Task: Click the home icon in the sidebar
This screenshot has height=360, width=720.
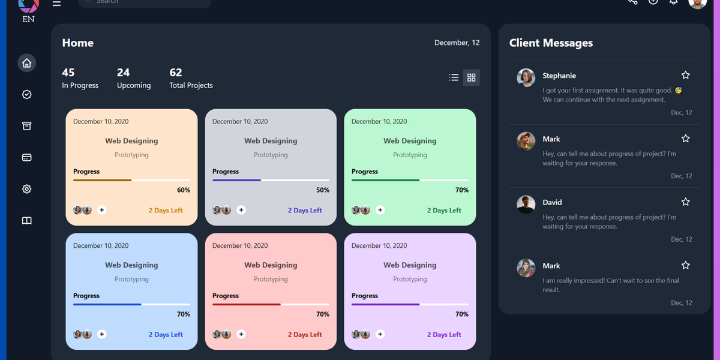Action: pyautogui.click(x=26, y=63)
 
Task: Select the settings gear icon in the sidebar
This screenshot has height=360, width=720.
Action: pyautogui.click(x=26, y=189)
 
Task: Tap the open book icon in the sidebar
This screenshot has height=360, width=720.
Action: pyautogui.click(x=26, y=221)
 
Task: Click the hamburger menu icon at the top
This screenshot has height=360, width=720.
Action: pyautogui.click(x=56, y=3)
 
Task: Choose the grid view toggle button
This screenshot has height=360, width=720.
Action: pyautogui.click(x=471, y=77)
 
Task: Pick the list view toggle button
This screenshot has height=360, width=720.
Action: pyautogui.click(x=454, y=77)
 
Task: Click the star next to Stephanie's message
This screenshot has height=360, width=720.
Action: pyautogui.click(x=686, y=75)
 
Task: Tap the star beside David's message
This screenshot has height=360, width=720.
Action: pyautogui.click(x=686, y=202)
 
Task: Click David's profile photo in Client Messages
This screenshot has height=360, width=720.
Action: pyautogui.click(x=526, y=204)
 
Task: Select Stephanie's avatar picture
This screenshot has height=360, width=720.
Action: pyautogui.click(x=526, y=77)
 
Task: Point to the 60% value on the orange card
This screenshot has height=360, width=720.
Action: pyautogui.click(x=184, y=190)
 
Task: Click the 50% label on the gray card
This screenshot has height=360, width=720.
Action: pyautogui.click(x=323, y=190)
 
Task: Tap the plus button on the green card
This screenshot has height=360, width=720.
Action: pyautogui.click(x=380, y=210)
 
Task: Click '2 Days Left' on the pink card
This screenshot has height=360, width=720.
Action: pyautogui.click(x=305, y=335)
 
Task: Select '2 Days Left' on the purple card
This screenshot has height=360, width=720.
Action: pyautogui.click(x=444, y=335)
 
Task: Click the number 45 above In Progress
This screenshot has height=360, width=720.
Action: pyautogui.click(x=68, y=73)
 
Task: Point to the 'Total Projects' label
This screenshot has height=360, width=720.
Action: pyautogui.click(x=191, y=86)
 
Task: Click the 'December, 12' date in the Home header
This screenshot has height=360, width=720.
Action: pyautogui.click(x=457, y=43)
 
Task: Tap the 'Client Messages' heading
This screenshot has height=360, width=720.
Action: pyautogui.click(x=551, y=43)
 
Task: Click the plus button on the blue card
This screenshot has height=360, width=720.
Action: pyautogui.click(x=102, y=334)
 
